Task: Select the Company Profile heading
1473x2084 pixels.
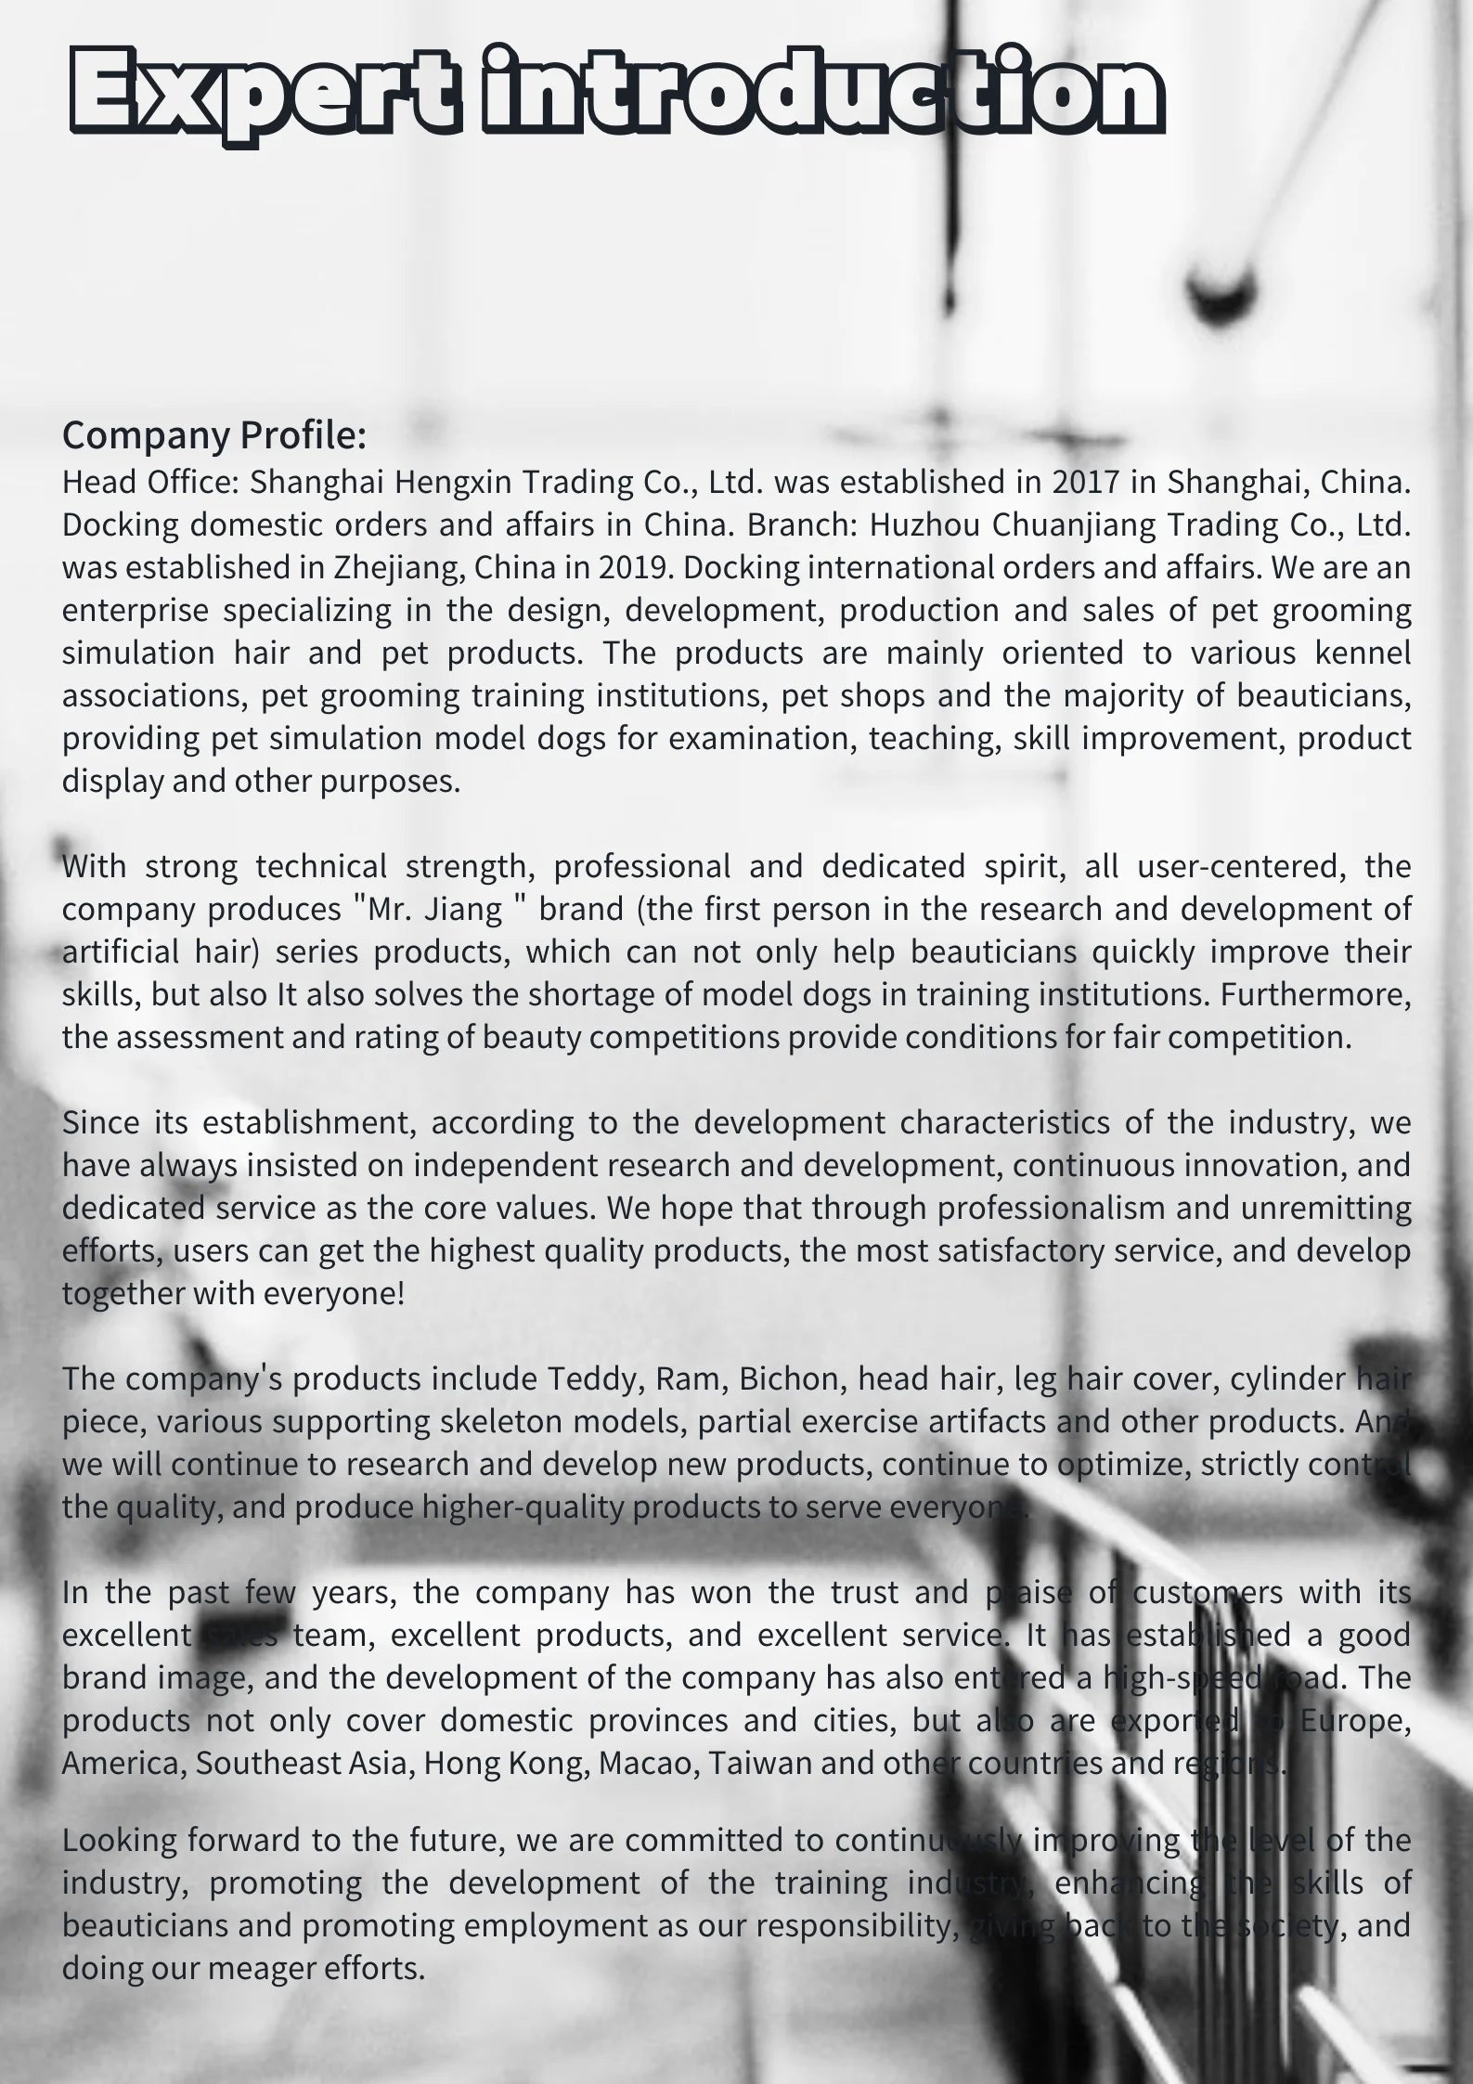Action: coord(214,435)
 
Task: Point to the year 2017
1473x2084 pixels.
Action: coord(1085,482)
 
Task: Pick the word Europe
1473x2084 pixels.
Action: coord(1355,1720)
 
